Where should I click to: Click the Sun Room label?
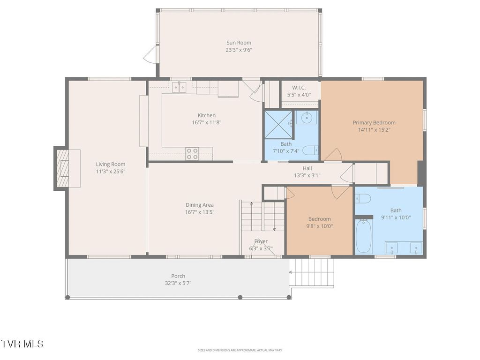tap(239, 43)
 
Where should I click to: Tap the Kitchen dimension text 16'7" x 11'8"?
tap(207, 122)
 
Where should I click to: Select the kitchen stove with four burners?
tap(192, 154)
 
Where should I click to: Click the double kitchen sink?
tap(180, 87)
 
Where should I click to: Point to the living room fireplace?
tap(62, 168)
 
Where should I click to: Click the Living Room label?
tap(111, 164)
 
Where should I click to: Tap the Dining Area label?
tap(200, 205)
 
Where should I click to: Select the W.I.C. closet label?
tap(299, 88)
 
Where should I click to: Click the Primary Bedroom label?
tap(374, 122)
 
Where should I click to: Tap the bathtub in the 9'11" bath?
tap(364, 236)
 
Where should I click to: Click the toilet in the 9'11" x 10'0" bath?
tap(363, 198)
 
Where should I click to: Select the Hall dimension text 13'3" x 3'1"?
tap(307, 175)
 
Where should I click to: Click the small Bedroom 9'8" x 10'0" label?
tap(319, 219)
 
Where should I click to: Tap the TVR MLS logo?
tap(22, 344)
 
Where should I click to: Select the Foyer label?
tap(261, 241)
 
